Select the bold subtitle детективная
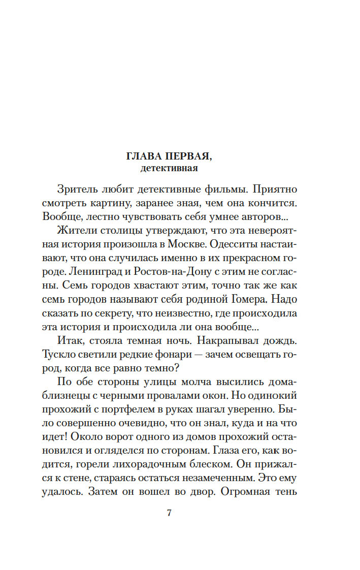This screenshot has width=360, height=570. (169, 167)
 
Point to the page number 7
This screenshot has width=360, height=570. (170, 513)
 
